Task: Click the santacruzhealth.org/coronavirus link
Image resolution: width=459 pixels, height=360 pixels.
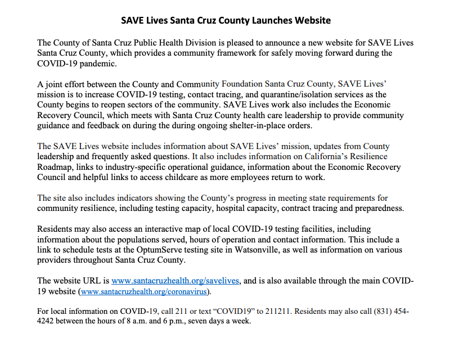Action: (145, 292)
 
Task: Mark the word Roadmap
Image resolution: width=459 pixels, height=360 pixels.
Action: (55, 166)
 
